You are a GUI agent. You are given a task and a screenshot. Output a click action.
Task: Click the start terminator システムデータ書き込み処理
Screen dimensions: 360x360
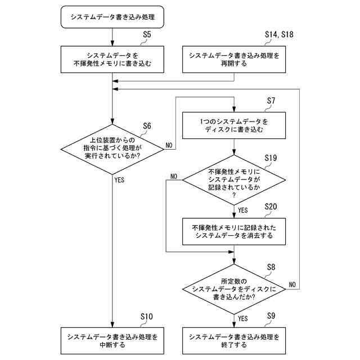[x=112, y=17]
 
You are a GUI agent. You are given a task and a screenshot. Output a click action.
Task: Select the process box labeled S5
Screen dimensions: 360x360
[x=112, y=60]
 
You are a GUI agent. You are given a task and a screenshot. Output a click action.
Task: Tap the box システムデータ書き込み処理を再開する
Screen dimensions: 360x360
[x=234, y=60]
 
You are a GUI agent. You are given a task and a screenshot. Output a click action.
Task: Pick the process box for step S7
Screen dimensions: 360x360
[x=234, y=125]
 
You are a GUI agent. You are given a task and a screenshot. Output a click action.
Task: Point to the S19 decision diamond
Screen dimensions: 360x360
[x=234, y=180]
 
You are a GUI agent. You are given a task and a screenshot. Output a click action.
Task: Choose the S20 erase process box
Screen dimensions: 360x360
[x=234, y=232]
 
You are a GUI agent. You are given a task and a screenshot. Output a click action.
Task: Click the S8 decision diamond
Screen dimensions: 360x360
[x=234, y=289]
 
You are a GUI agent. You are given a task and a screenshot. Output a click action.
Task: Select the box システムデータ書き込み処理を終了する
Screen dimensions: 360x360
[x=234, y=341]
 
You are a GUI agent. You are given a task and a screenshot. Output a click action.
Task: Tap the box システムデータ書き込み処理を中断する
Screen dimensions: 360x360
[x=112, y=341]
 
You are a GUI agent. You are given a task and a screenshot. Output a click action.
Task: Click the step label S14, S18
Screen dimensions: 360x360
[x=279, y=35]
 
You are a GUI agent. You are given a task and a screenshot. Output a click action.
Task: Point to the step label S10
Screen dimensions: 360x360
[x=146, y=317]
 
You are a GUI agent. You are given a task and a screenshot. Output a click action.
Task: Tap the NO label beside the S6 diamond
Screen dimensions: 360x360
[x=169, y=145]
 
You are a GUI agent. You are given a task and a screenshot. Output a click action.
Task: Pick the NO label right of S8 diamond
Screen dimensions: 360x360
[x=292, y=284]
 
